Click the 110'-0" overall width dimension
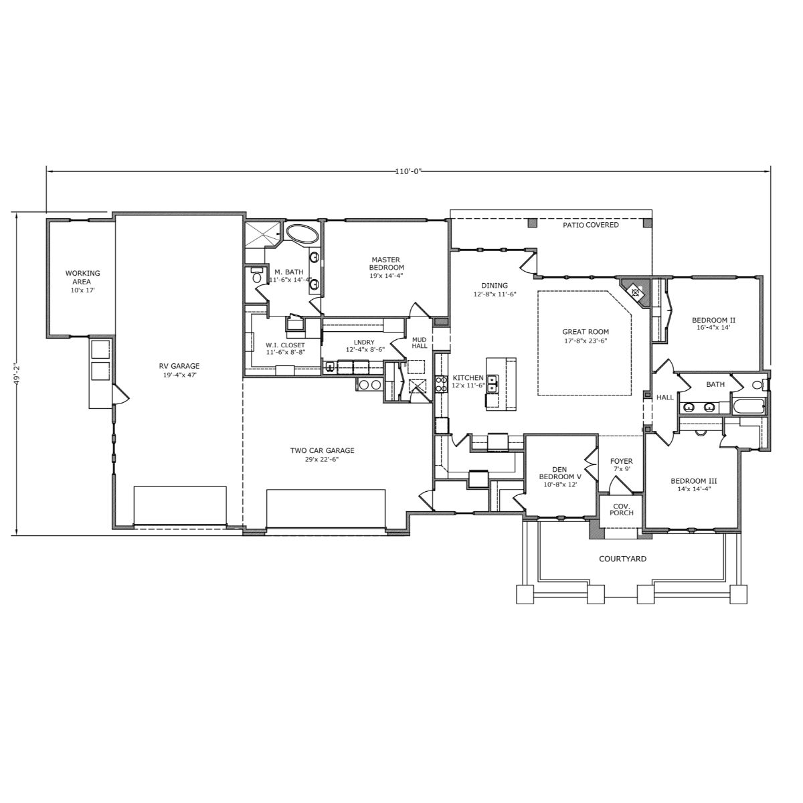pos(408,171)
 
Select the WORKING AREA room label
pos(82,277)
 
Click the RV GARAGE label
pos(179,366)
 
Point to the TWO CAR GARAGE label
pos(322,450)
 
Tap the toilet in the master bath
pos(256,276)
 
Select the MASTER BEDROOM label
pos(386,264)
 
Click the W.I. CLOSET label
pos(286,345)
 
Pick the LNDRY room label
pos(364,343)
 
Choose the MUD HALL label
pos(419,343)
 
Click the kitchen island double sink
pos(493,383)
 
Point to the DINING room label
pos(495,286)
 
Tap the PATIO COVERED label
pos(591,225)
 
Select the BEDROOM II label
pos(714,320)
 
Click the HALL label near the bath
pos(665,397)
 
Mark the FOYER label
pos(621,461)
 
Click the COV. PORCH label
pos(621,509)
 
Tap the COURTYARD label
pos(622,559)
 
